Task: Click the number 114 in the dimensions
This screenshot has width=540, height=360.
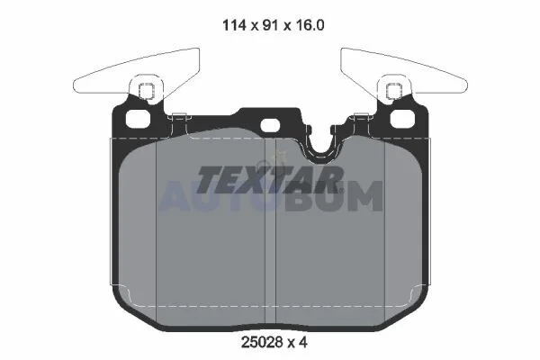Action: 234,25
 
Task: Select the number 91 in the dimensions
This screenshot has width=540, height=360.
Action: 270,25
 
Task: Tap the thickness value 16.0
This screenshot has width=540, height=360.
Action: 310,25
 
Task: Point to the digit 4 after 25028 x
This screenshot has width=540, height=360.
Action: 303,342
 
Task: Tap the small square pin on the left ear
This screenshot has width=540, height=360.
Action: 147,91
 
